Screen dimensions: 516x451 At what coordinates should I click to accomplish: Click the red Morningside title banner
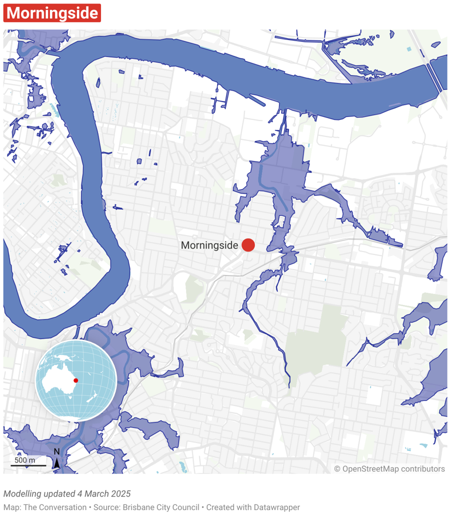click(x=52, y=13)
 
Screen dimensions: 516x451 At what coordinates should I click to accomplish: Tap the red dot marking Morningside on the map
click(x=248, y=245)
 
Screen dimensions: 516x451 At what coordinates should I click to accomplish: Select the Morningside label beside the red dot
click(x=209, y=246)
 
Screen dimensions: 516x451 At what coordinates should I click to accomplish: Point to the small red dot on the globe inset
click(x=76, y=380)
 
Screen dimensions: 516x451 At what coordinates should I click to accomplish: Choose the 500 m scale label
click(x=25, y=460)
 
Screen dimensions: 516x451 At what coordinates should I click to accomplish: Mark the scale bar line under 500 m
click(x=28, y=466)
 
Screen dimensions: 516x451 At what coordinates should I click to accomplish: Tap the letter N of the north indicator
click(x=57, y=452)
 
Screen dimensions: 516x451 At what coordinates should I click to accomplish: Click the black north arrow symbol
click(x=57, y=463)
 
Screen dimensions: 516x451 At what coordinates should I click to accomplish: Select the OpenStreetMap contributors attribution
click(x=389, y=468)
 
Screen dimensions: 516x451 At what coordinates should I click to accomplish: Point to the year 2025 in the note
click(x=120, y=494)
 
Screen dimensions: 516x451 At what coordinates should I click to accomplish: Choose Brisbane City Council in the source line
click(x=153, y=507)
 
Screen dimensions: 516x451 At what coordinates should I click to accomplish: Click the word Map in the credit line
click(x=11, y=507)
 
